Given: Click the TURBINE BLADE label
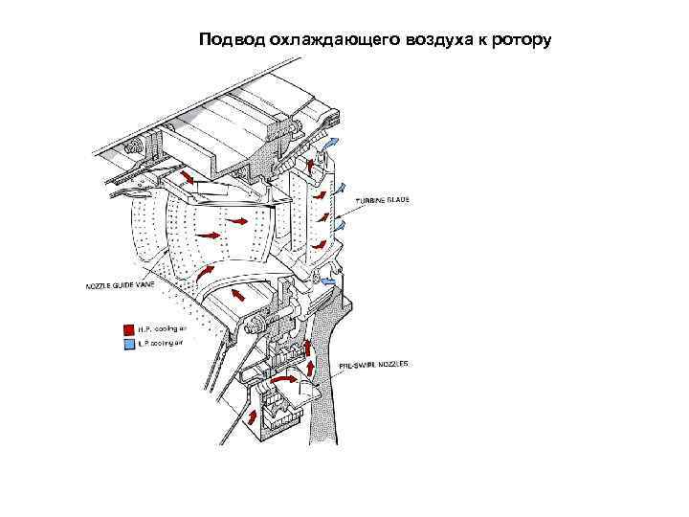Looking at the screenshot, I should click(x=385, y=200).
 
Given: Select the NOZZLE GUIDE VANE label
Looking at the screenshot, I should click(x=120, y=285).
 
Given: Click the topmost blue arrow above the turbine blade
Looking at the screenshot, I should click(x=330, y=141).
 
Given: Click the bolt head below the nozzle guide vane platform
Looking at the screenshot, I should click(x=254, y=326).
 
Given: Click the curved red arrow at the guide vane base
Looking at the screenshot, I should click(x=204, y=274).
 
